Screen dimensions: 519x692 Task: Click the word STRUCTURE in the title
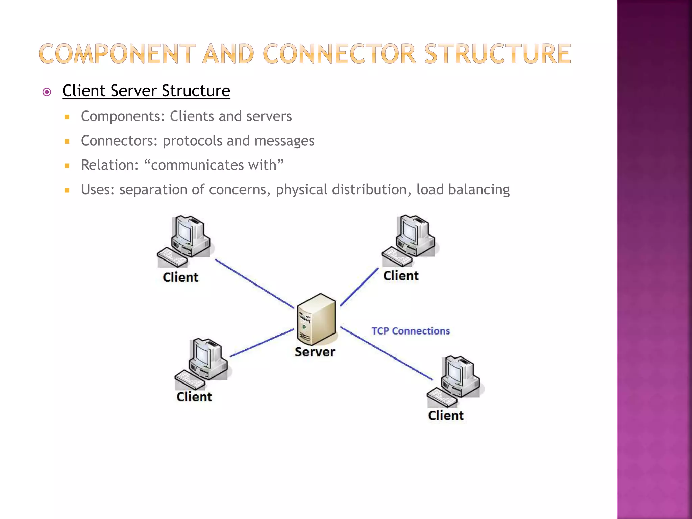coord(497,54)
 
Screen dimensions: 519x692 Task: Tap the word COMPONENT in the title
coord(117,54)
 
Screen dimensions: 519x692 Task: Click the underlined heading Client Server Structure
coord(146,91)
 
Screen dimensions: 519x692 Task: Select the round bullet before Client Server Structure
coord(47,92)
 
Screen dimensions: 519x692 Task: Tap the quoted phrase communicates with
coord(214,165)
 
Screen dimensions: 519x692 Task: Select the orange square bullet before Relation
coord(67,166)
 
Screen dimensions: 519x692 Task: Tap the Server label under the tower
coord(315,352)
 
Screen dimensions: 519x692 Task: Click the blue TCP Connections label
coord(410,331)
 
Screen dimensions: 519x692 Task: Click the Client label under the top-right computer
coord(401,276)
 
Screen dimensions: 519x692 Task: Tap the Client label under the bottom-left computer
coord(194,397)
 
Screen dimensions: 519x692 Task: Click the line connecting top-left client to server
coord(254,283)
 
